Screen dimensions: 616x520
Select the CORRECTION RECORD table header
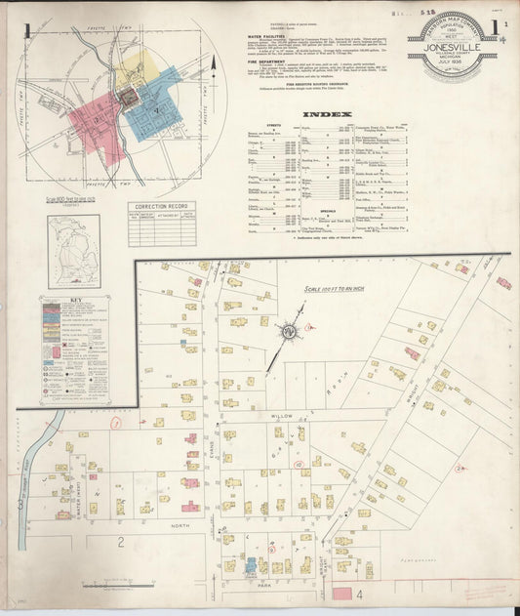(161, 207)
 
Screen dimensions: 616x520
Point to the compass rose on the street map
(289, 332)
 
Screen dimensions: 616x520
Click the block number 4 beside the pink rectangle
(358, 593)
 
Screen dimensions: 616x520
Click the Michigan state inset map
(74, 252)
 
